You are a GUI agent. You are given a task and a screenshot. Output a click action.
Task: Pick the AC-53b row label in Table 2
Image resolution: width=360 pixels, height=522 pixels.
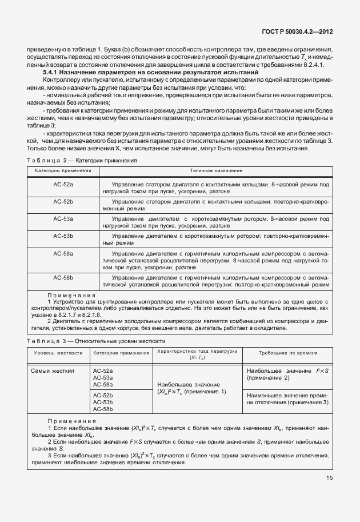pyautogui.click(x=63, y=236)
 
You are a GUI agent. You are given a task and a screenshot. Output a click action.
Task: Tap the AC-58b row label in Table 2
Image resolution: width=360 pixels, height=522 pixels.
pyautogui.click(x=63, y=277)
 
